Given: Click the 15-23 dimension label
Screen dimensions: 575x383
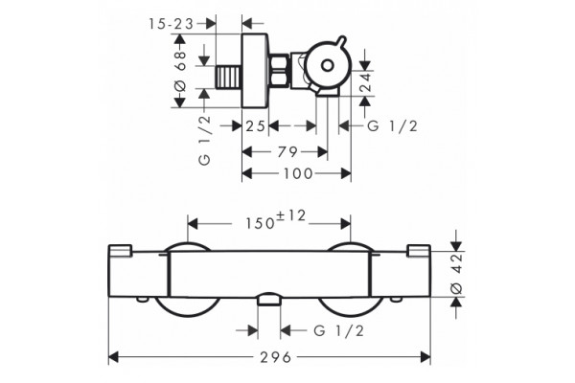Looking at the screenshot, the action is click(171, 24).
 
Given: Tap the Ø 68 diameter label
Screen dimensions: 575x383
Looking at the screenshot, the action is click(180, 71).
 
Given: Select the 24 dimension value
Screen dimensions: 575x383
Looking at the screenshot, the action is click(365, 83).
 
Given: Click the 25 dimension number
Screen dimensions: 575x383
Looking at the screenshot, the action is click(255, 126).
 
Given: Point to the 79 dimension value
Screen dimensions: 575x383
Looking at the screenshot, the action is click(287, 152).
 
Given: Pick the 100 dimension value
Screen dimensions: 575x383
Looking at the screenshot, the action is click(298, 173).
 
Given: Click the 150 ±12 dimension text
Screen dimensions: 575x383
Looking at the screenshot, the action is click(275, 219).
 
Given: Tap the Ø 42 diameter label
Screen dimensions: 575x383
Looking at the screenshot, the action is click(456, 274).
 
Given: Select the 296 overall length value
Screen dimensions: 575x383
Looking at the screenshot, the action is click(276, 357).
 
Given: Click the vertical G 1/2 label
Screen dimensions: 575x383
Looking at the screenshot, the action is click(205, 141).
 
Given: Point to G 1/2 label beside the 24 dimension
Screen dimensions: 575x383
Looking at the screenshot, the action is click(392, 126).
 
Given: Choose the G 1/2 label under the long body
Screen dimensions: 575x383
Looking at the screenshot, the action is click(339, 331).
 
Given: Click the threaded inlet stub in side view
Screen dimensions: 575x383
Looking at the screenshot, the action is click(228, 77).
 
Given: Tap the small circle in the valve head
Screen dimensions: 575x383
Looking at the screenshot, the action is click(327, 66).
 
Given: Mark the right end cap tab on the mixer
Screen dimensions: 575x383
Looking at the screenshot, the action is click(419, 250).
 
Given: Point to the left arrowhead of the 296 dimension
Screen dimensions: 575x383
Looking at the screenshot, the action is click(113, 357).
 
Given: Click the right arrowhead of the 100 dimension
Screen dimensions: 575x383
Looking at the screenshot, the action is click(346, 173).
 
